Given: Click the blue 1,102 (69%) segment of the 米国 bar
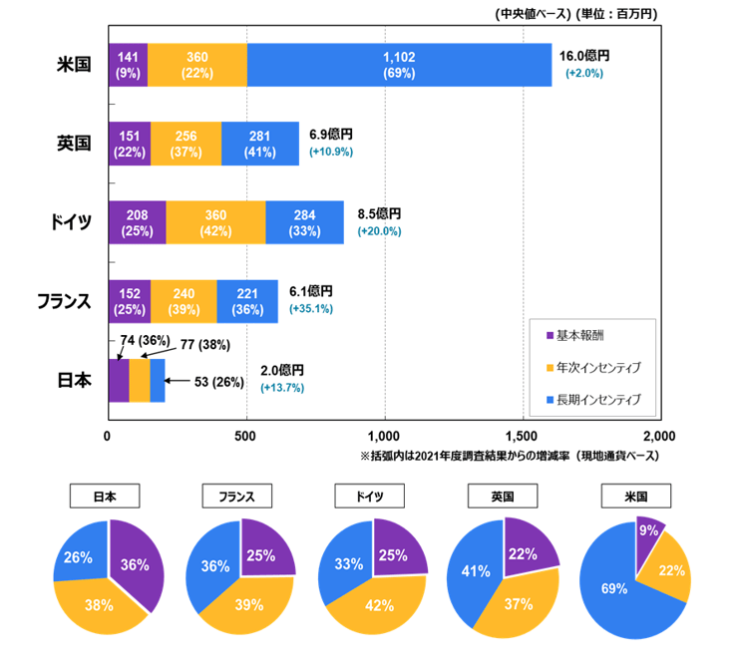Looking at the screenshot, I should pyautogui.click(x=399, y=65).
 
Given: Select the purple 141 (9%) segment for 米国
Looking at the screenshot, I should pyautogui.click(x=127, y=65).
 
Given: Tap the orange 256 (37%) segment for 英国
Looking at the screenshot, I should pyautogui.click(x=185, y=144).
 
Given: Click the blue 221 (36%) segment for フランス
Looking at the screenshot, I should pyautogui.click(x=247, y=301).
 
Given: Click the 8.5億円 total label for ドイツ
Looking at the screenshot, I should pyautogui.click(x=378, y=214).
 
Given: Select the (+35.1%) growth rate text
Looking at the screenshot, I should pyautogui.click(x=310, y=310).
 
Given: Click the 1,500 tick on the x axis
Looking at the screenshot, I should pyautogui.click(x=523, y=436).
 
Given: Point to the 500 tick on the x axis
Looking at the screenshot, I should pyautogui.click(x=245, y=436).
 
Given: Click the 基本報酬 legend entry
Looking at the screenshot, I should pyautogui.click(x=583, y=335).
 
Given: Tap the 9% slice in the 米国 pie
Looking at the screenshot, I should pyautogui.click(x=648, y=531).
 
